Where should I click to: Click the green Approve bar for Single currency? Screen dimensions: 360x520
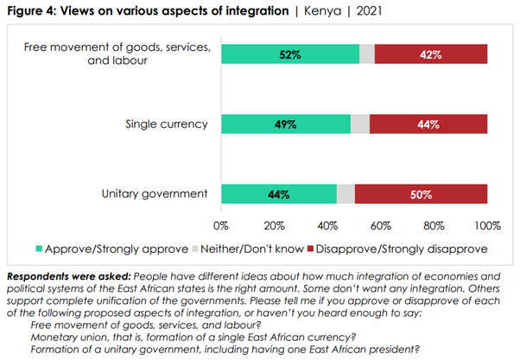tap(286, 123)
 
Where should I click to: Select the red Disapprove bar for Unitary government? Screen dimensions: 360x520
tap(421, 194)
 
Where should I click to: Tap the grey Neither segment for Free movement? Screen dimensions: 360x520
tap(367, 54)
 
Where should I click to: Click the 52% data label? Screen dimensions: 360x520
tap(289, 54)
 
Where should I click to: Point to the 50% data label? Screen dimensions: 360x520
tap(421, 194)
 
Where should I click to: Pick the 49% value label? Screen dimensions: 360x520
tap(285, 123)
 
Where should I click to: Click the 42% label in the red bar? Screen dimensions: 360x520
tap(431, 54)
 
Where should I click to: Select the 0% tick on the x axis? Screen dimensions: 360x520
tap(220, 226)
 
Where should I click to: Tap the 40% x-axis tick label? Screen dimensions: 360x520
tap(327, 226)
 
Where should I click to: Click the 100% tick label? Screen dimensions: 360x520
tap(487, 226)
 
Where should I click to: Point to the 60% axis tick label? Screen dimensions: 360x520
tap(381, 226)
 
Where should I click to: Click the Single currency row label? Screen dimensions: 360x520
tap(166, 123)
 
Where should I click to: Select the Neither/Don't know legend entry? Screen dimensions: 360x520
tap(249, 250)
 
